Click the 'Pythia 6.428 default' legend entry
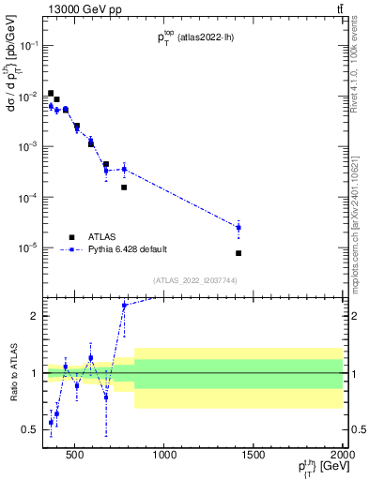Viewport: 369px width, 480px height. [125, 249]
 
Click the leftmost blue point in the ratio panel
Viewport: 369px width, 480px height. [51, 423]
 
